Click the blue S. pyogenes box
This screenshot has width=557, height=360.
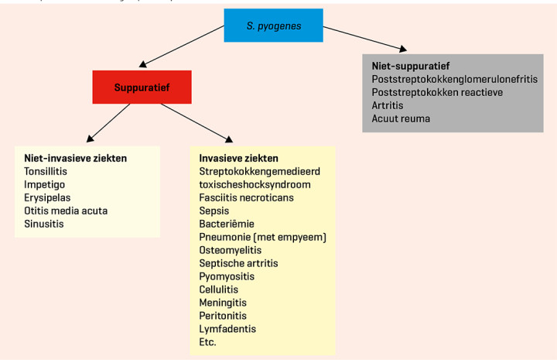272,25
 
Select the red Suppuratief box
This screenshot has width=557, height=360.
142,87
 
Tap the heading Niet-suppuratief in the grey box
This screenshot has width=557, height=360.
411,66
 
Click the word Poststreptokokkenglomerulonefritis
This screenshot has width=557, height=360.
454,79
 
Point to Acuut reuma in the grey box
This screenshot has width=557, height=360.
401,118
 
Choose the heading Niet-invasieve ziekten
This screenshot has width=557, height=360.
76,158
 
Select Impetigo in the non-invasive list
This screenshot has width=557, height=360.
45,184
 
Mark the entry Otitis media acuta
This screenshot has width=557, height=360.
66,211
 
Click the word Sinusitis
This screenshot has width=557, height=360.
44,224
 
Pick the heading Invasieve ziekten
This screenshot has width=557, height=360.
240,158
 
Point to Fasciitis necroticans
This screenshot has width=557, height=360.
247,197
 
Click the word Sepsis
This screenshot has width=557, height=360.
214,211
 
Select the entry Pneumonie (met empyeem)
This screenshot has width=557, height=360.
262,237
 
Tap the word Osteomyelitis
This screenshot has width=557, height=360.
231,250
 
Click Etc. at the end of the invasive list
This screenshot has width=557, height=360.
208,342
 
